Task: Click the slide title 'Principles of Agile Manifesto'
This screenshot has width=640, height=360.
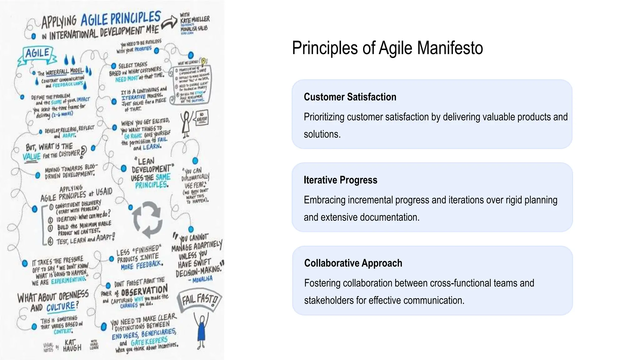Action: [x=387, y=48]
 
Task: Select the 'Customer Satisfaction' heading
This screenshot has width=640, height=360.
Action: [x=350, y=97]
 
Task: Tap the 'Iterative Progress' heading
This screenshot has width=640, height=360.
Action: [x=340, y=180]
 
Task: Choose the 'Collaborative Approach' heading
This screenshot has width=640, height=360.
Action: [x=353, y=263]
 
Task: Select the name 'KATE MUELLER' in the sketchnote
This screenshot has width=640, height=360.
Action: [x=195, y=19]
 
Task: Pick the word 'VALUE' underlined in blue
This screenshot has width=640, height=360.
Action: [x=32, y=156]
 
